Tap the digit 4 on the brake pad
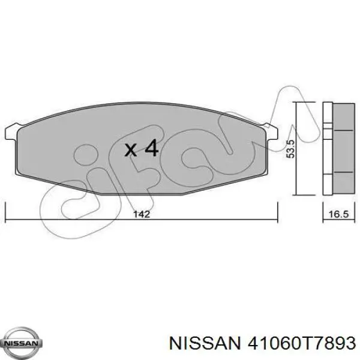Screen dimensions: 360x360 (151, 148)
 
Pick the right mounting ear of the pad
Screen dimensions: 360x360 (271, 128)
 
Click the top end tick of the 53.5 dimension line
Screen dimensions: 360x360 (298, 103)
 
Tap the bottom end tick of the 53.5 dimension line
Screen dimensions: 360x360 (298, 195)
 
